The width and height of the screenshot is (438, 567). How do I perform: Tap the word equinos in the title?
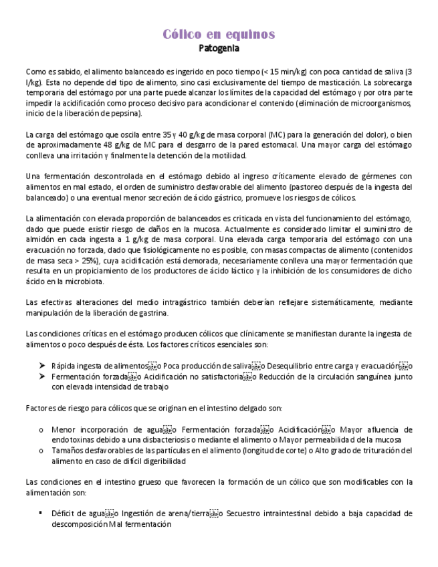[250, 35]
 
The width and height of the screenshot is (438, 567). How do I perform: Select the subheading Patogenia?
[219, 49]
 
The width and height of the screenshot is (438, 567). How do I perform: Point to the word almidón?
[41, 239]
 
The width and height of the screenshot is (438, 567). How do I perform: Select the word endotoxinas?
[74, 440]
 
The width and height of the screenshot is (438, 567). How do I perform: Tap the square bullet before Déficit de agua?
[41, 514]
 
